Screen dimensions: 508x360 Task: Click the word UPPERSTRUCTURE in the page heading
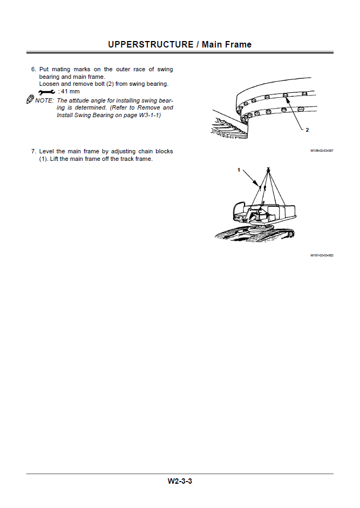coord(151,44)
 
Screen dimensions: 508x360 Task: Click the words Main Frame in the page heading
coord(227,44)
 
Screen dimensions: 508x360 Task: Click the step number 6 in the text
coord(33,70)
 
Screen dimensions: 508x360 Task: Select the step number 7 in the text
coord(33,152)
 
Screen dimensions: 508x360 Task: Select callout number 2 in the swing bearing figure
coord(307,130)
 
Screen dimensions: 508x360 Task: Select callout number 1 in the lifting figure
coord(239,170)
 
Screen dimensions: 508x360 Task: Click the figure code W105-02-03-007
coord(321,151)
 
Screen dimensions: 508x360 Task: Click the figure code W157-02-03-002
coord(321,255)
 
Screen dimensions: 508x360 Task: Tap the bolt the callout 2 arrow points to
coord(286,95)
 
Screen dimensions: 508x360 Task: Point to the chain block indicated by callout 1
coord(260,188)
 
